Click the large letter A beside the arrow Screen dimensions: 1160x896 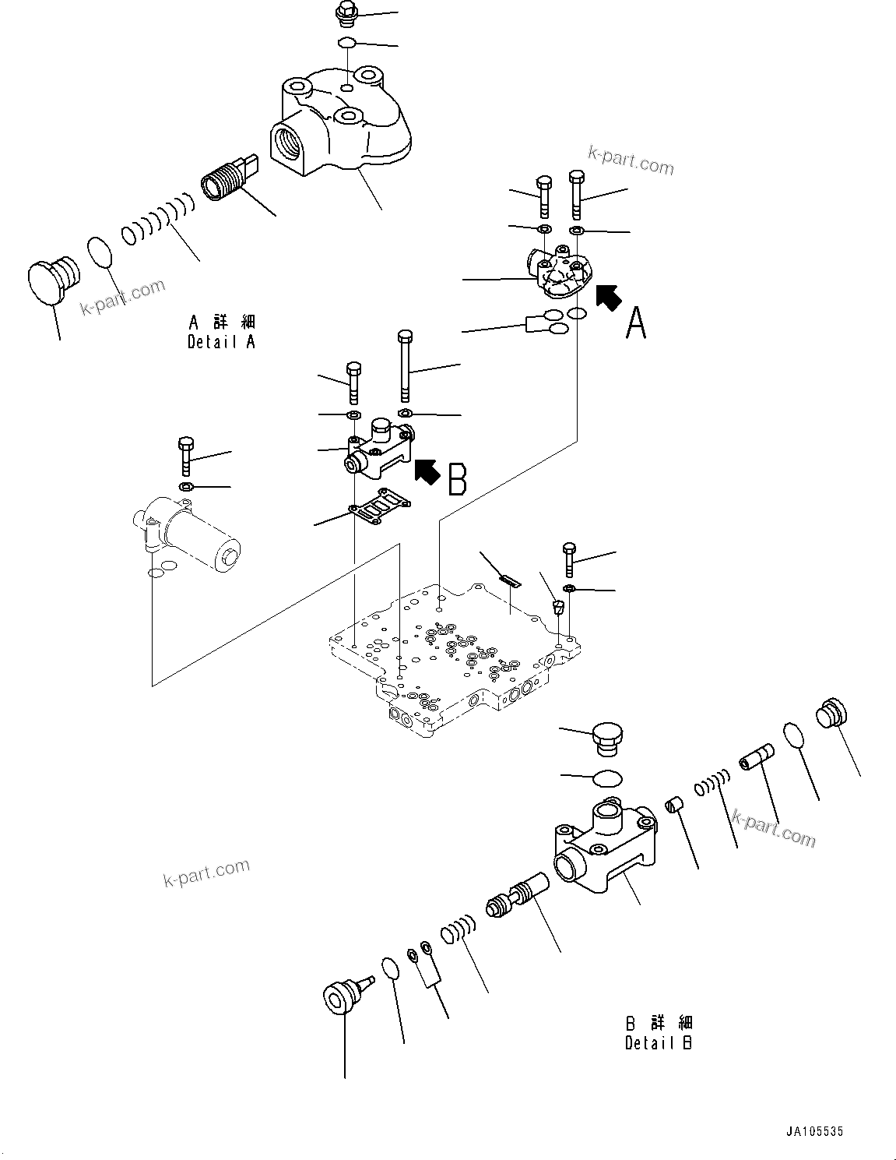[636, 323]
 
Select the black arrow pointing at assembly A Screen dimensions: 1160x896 [609, 297]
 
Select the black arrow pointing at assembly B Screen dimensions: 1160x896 [427, 471]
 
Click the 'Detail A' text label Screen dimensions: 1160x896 [221, 341]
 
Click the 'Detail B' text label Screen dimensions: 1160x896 [658, 1042]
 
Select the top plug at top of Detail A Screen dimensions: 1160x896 [345, 13]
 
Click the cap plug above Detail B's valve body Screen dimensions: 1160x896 [608, 738]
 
